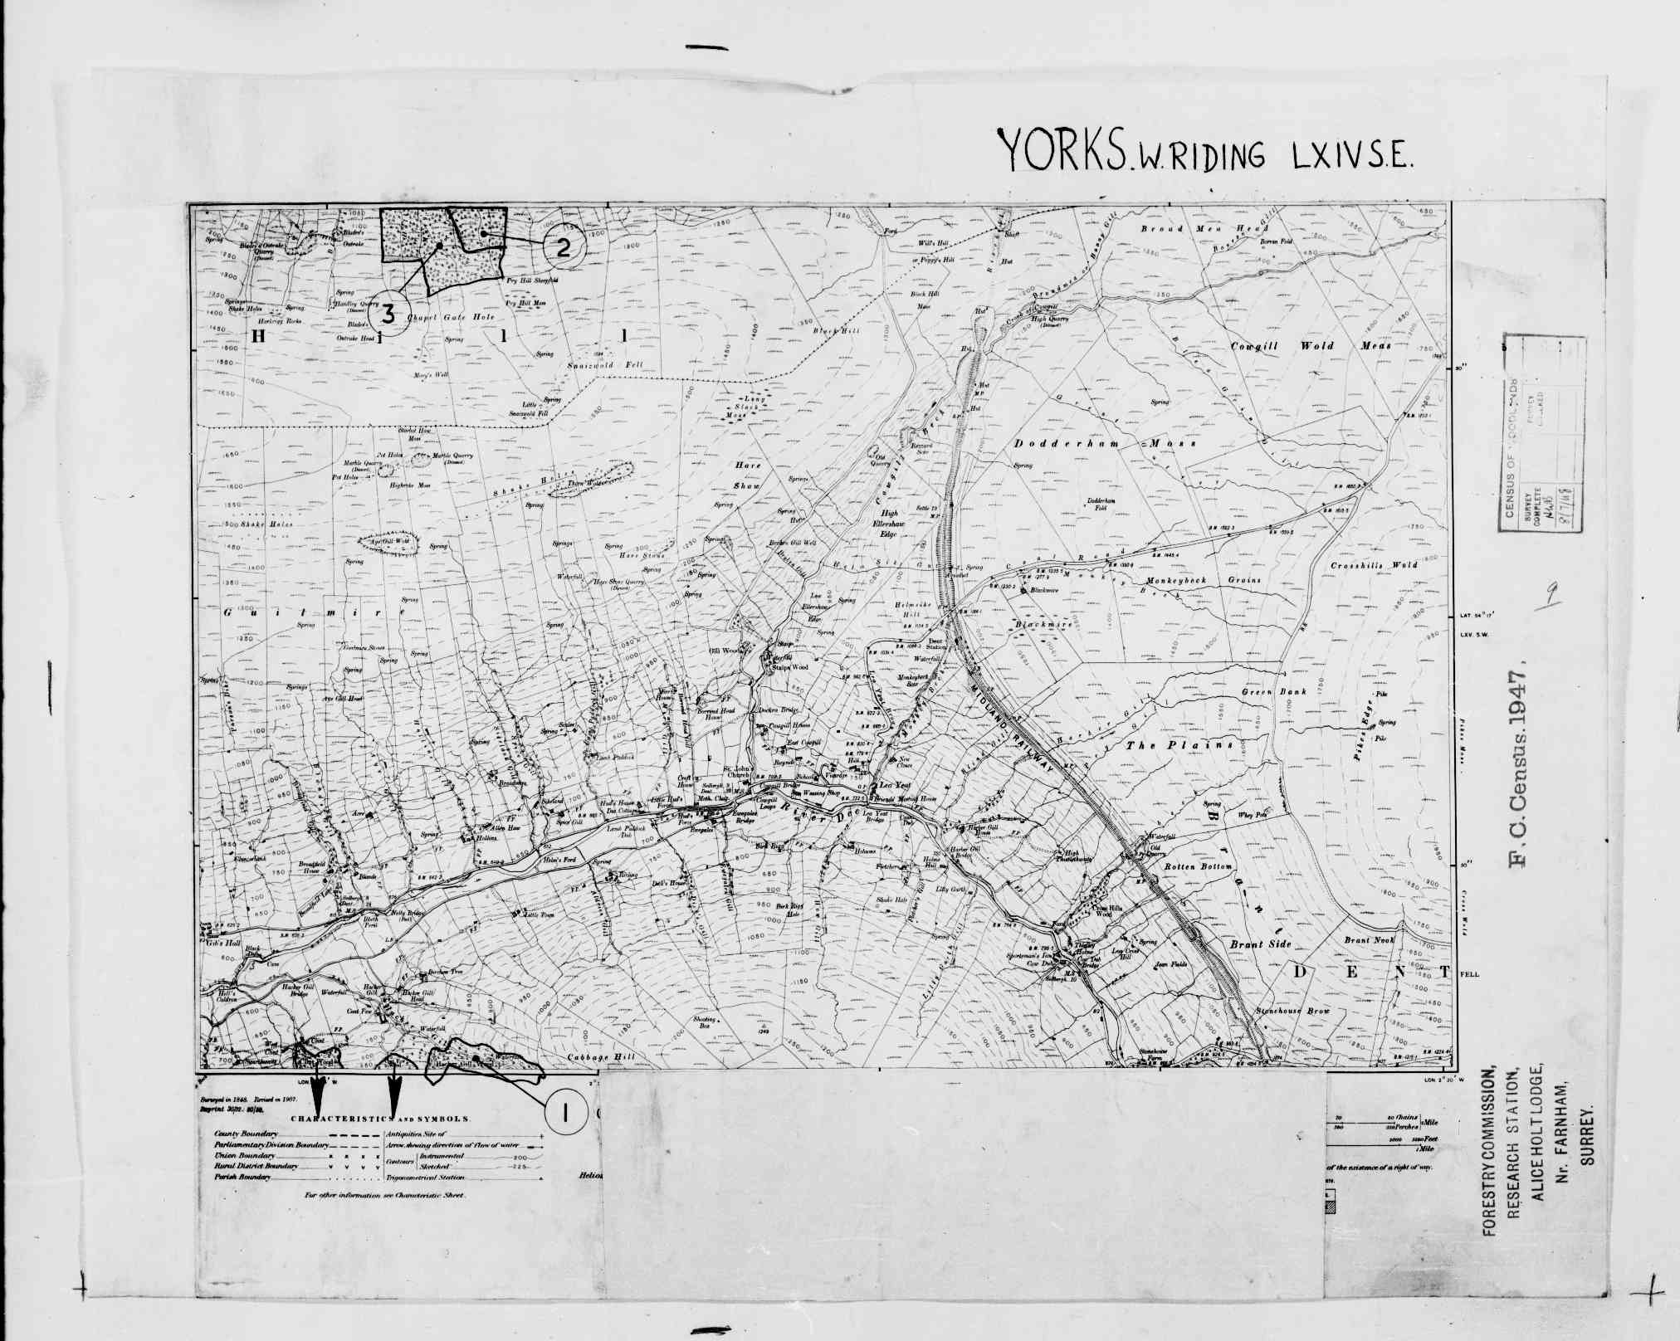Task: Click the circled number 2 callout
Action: point(564,246)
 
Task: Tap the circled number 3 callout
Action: point(387,315)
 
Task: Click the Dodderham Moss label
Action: point(1105,444)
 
